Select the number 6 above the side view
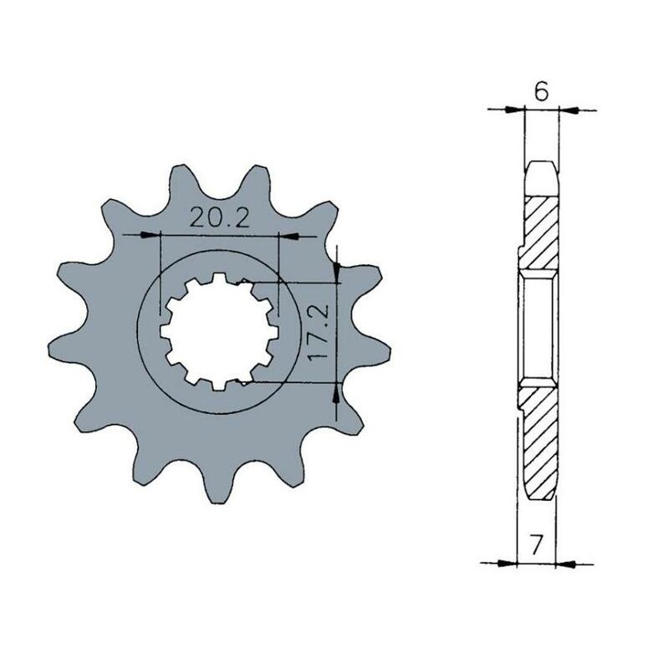tap(541, 92)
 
